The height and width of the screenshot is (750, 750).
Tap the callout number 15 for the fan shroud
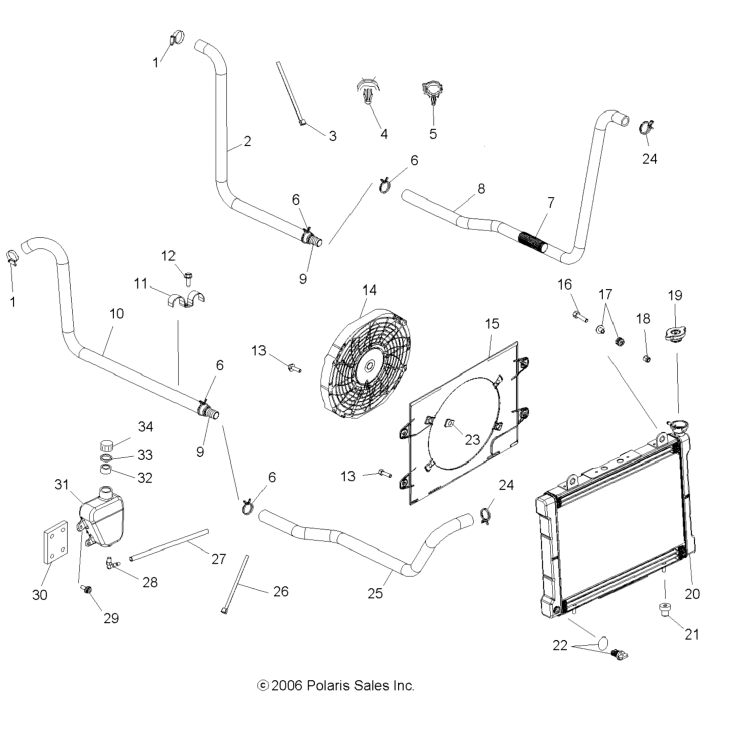[492, 323]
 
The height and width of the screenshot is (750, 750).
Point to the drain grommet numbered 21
[664, 610]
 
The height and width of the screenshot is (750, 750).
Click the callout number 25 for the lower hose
[375, 593]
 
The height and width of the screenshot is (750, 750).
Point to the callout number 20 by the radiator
[692, 593]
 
